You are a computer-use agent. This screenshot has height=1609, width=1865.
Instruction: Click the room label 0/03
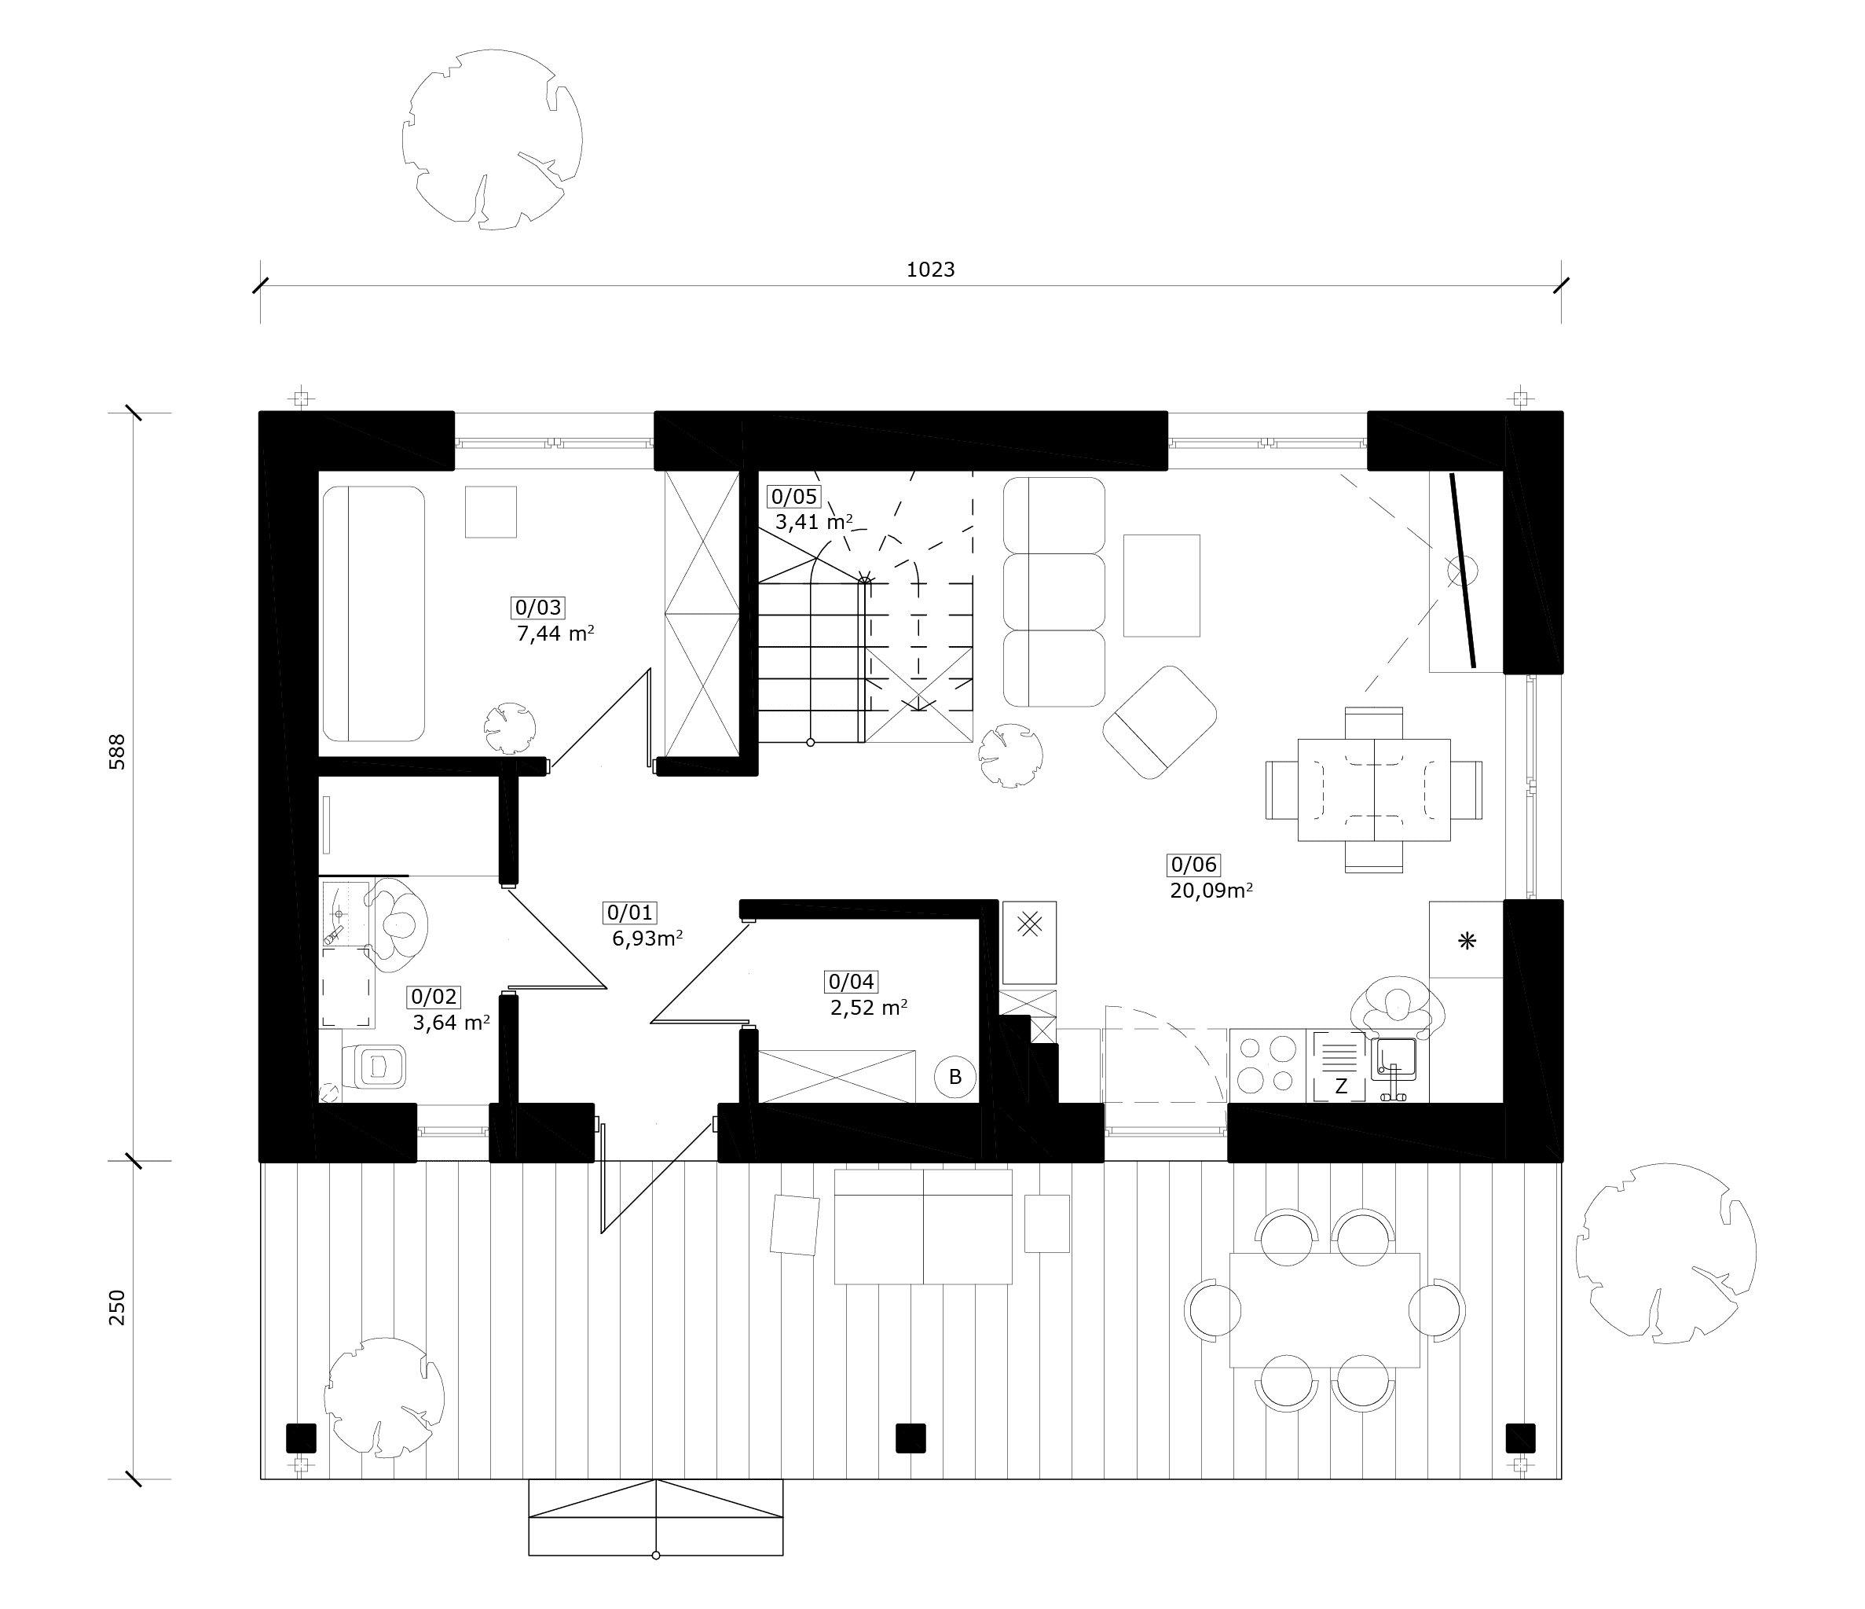click(537, 608)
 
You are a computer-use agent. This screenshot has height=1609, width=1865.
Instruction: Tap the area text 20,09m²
click(1211, 891)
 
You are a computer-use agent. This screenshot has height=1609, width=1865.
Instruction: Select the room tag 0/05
click(794, 496)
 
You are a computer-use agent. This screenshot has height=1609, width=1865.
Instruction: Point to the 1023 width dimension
click(930, 270)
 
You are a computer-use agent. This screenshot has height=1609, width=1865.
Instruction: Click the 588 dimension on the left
click(117, 751)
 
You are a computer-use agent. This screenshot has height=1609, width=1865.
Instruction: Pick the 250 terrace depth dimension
click(117, 1307)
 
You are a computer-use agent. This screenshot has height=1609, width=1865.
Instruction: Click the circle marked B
click(955, 1077)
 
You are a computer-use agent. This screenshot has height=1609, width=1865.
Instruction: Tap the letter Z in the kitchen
click(1340, 1087)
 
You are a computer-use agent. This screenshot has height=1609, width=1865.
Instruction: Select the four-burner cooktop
click(1266, 1065)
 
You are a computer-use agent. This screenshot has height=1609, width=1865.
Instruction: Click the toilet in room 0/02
click(372, 1068)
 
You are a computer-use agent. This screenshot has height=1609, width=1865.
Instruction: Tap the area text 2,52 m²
click(869, 1008)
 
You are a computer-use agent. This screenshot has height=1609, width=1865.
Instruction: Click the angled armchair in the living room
click(1160, 722)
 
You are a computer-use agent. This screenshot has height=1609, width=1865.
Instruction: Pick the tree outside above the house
click(492, 140)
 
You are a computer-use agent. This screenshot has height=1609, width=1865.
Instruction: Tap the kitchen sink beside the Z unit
click(1394, 1060)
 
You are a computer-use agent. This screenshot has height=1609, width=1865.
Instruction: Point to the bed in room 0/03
click(372, 614)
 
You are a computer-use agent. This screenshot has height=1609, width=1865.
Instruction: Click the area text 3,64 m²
click(451, 1023)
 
